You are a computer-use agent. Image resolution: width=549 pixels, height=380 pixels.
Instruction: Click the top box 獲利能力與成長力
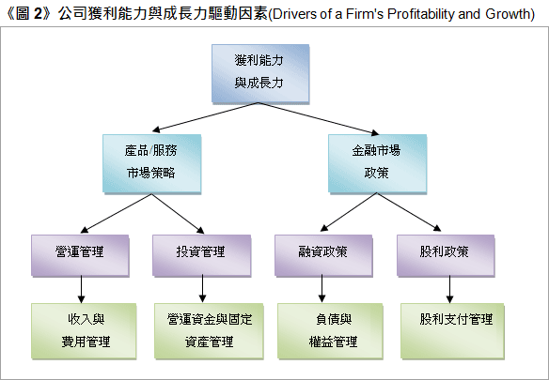pos(260,73)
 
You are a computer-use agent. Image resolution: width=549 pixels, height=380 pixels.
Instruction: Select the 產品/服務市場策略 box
pos(151,163)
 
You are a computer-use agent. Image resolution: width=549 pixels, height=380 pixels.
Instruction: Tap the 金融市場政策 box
pos(378,163)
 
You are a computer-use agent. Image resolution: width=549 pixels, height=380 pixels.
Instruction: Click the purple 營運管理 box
pos(80,255)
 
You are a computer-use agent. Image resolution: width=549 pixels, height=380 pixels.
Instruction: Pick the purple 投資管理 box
pos(202,255)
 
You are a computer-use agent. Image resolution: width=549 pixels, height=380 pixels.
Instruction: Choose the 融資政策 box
pos(323,255)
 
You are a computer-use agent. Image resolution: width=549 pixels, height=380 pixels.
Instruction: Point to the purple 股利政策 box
pos(446,255)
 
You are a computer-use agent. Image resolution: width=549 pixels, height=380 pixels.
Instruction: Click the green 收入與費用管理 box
pos(84,330)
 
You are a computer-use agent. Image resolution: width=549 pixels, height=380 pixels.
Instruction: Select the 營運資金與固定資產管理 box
pos(209,330)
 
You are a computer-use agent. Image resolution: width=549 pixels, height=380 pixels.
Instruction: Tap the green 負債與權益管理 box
pos(330,330)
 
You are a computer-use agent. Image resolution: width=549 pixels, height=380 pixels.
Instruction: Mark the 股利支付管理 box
pos(452,330)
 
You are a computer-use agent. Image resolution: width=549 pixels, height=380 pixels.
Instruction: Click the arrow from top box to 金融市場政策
pos(319,118)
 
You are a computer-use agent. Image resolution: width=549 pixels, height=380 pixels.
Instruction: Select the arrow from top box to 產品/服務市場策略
pos(206,117)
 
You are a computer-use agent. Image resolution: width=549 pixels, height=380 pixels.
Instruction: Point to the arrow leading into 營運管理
pos(116,213)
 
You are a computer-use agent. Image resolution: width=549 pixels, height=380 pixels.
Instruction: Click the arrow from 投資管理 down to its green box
pos(202,289)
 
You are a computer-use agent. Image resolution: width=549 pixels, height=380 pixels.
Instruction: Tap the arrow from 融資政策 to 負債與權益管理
pos(322,289)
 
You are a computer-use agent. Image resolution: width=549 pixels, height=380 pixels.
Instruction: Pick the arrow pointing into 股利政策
pos(409,212)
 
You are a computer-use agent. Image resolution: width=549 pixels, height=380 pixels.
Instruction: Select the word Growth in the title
pos(508,14)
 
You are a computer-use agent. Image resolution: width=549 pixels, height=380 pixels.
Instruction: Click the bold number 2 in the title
pos(39,14)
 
